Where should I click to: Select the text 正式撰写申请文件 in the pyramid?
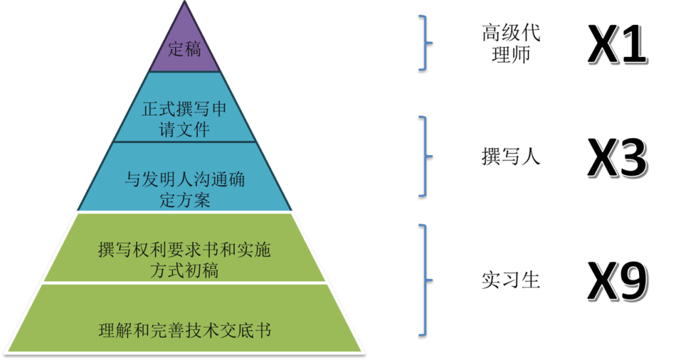tap(184, 119)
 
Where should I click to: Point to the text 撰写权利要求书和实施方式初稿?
tap(184, 260)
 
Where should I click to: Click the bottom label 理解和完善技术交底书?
tap(184, 330)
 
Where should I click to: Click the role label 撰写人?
tap(510, 158)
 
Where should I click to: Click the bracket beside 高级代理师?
tap(425, 44)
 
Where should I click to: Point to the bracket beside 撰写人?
tap(425, 158)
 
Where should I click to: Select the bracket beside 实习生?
tap(425, 280)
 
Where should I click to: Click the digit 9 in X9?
tap(632, 280)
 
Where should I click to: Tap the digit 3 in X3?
tap(632, 159)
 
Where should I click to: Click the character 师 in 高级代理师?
tap(520, 55)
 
